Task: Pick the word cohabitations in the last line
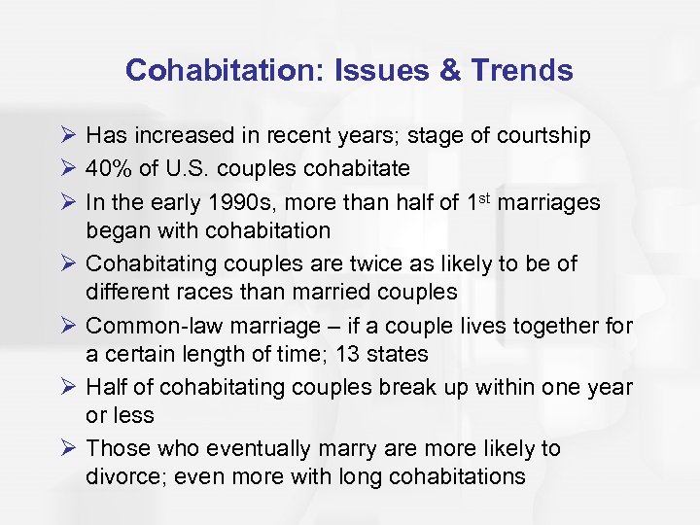pos(458,476)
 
